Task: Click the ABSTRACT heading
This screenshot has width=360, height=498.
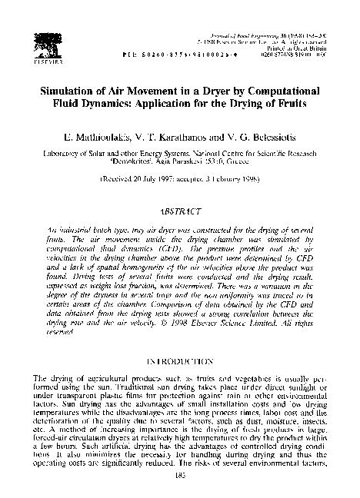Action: pos(180,209)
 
